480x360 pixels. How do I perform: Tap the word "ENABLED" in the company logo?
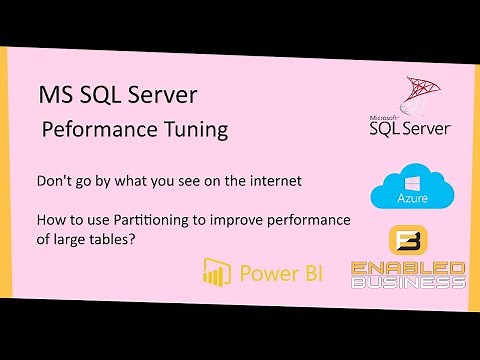coord(408,268)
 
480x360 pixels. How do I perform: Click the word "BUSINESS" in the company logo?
coord(408,282)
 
